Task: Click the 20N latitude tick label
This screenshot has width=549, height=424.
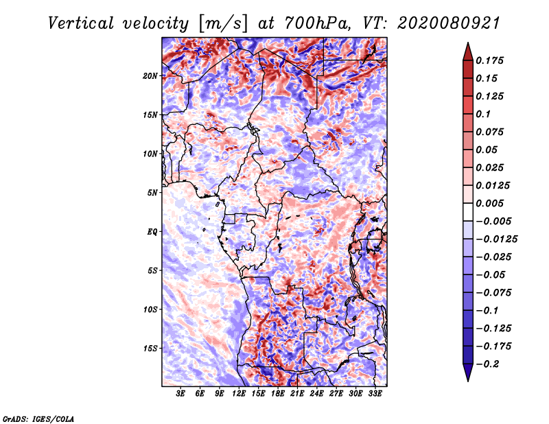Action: point(150,75)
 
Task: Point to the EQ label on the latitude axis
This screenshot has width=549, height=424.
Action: point(152,231)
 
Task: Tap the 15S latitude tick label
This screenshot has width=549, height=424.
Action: point(150,348)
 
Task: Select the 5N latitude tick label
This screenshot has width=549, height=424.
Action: point(152,192)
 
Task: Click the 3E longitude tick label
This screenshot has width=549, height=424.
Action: point(181,394)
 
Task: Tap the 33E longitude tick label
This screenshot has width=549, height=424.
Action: point(375,394)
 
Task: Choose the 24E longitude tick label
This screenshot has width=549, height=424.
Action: point(316,394)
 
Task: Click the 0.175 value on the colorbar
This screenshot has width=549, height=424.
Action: point(491,60)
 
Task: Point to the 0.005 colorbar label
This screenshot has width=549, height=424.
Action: point(491,203)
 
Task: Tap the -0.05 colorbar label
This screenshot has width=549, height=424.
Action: point(490,274)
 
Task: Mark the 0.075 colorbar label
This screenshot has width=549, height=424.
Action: point(491,132)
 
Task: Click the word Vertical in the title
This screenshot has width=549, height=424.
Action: point(82,23)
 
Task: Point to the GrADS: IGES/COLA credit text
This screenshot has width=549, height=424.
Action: point(38,418)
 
